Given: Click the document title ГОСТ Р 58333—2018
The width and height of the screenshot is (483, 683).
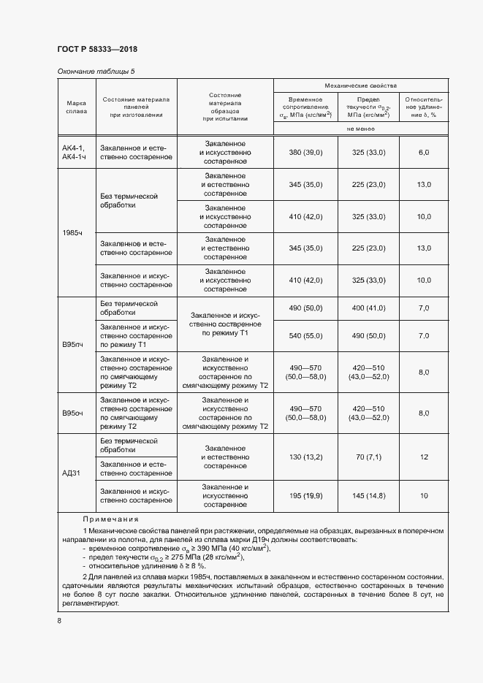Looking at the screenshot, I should tap(97, 49).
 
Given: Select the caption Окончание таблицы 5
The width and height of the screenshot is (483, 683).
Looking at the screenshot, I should tap(96, 71).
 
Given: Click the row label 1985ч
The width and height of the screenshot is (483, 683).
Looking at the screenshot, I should tap(75, 232).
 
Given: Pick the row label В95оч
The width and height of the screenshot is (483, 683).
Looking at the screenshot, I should tap(75, 413).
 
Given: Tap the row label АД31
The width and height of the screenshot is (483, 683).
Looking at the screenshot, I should tap(75, 473).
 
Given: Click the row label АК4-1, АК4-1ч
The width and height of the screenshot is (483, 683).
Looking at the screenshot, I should tap(75, 151).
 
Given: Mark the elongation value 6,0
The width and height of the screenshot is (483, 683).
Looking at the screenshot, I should tap(424, 152).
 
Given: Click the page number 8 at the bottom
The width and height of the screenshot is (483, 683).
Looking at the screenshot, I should tap(59, 621).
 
